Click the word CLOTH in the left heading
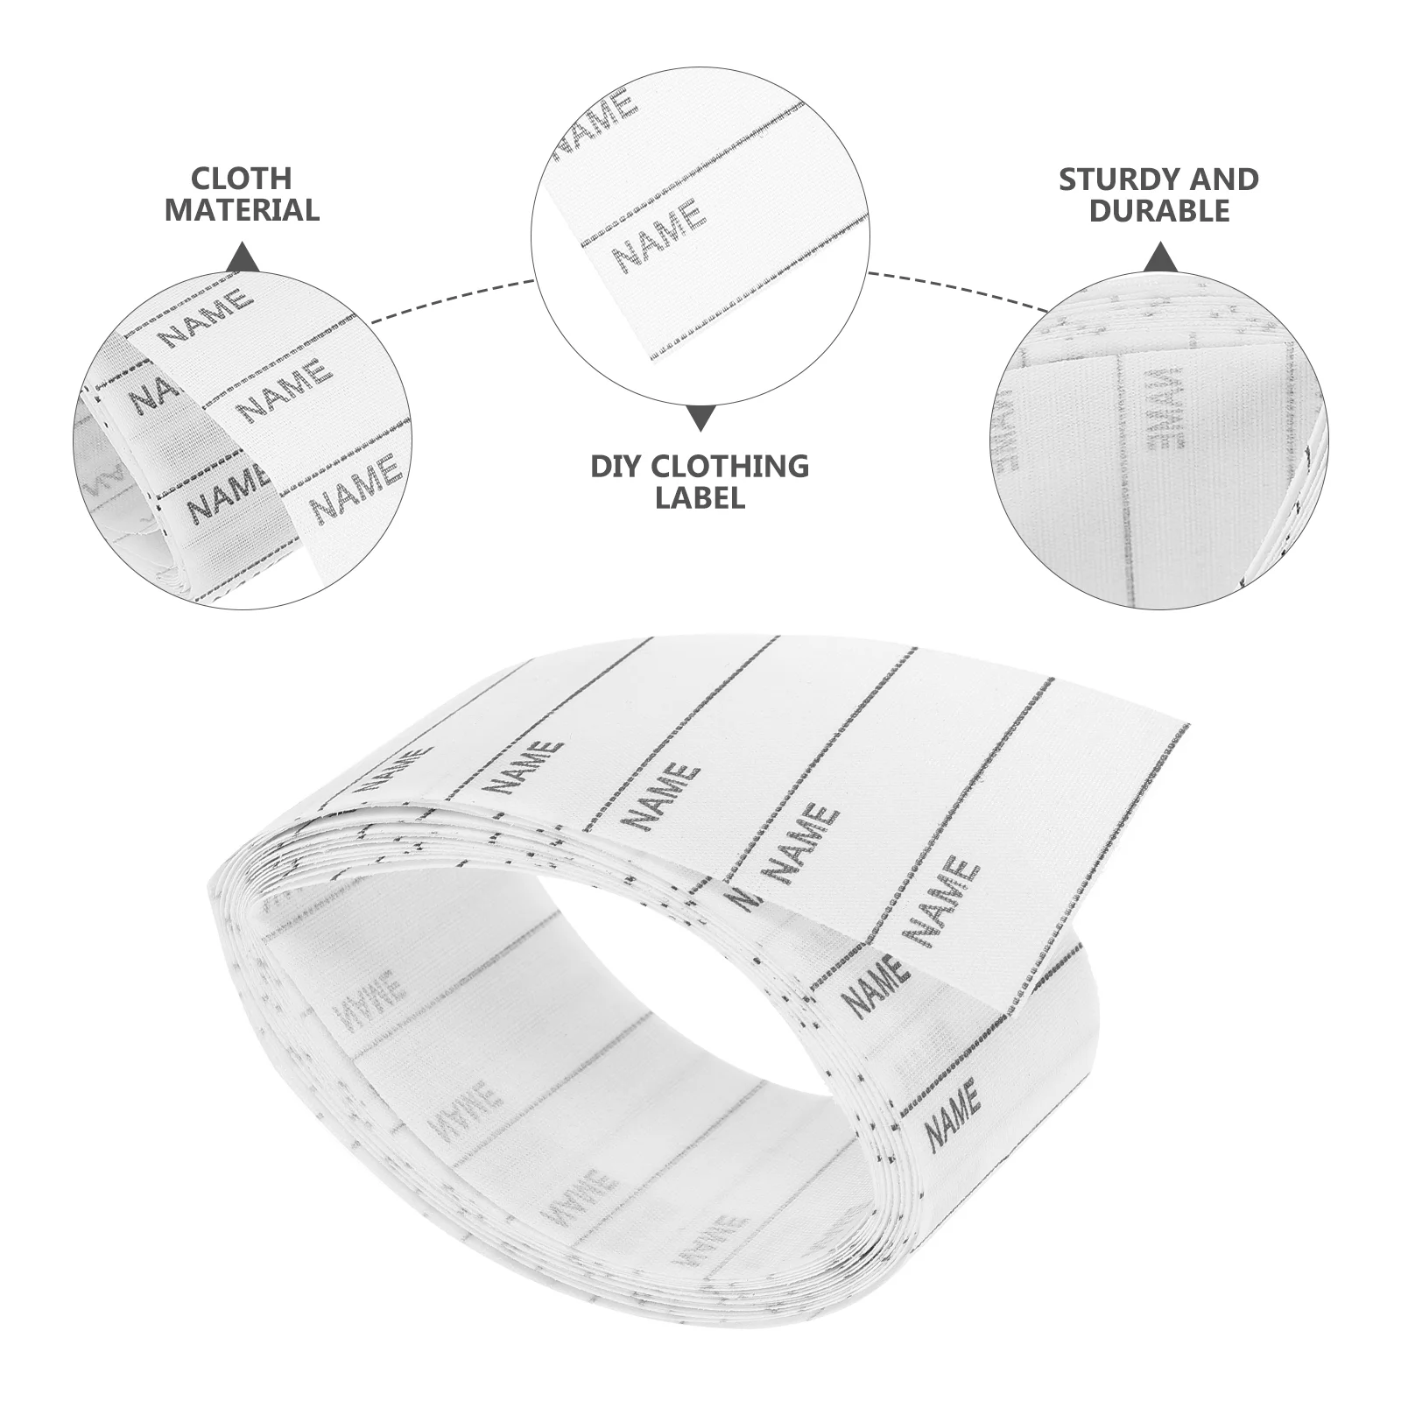coord(242,179)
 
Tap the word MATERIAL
coord(242,210)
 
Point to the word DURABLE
coord(1159,211)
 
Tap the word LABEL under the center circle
coord(700,498)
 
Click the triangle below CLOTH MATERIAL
coord(243,257)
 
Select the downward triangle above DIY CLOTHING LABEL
coord(700,418)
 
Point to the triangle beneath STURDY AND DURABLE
coord(1160,257)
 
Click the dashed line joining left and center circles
coord(451,300)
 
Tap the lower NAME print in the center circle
coord(658,235)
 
